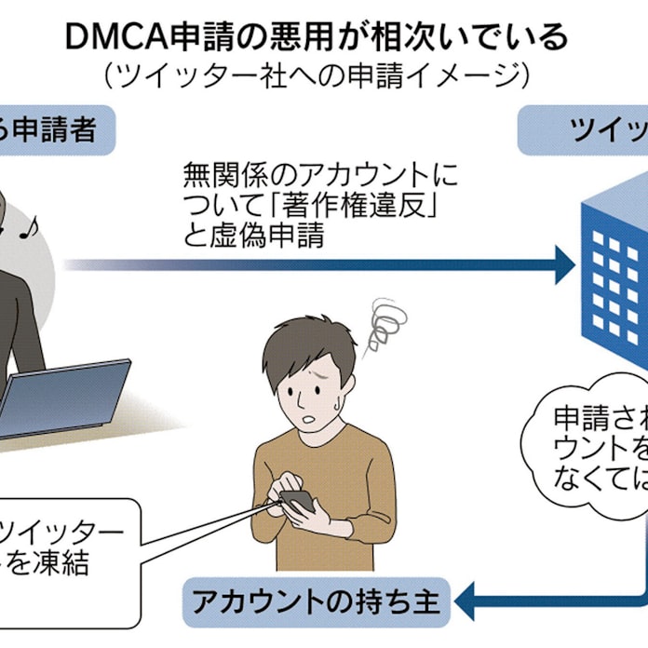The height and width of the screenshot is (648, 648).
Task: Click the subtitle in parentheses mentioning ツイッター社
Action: (317, 74)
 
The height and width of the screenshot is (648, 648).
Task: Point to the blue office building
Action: (614, 270)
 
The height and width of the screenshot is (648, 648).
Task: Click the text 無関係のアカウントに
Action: (320, 174)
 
